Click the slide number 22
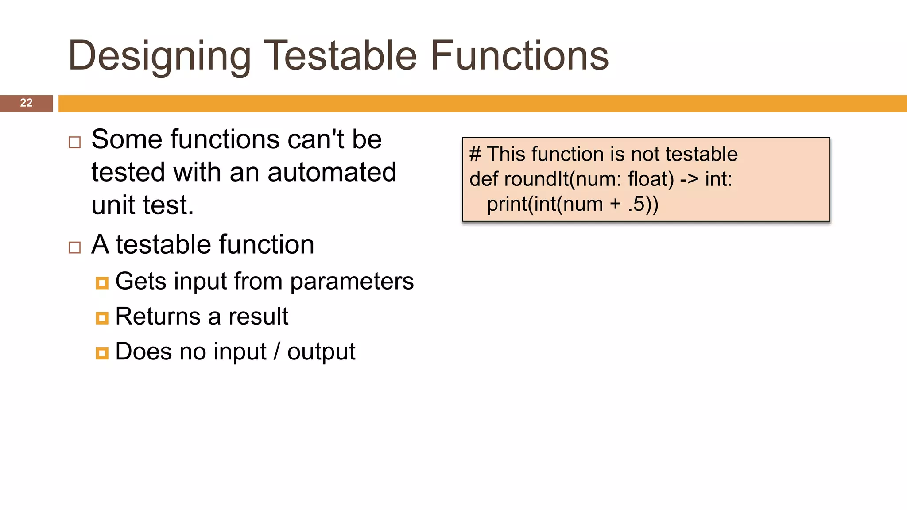pyautogui.click(x=26, y=103)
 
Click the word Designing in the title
pyautogui.click(x=159, y=56)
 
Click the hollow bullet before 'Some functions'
pyautogui.click(x=75, y=143)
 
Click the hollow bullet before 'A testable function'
pyautogui.click(x=75, y=247)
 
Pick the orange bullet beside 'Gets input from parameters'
pyautogui.click(x=102, y=283)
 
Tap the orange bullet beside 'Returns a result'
pyautogui.click(x=102, y=318)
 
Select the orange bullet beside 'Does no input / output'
pyautogui.click(x=102, y=353)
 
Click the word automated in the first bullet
pyautogui.click(x=332, y=172)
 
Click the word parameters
pyautogui.click(x=352, y=282)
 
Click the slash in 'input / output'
pyautogui.click(x=277, y=352)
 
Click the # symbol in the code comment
pyautogui.click(x=475, y=155)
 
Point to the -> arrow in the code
pyautogui.click(x=689, y=180)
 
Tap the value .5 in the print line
pyautogui.click(x=636, y=205)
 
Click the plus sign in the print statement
pyautogui.click(x=615, y=205)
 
